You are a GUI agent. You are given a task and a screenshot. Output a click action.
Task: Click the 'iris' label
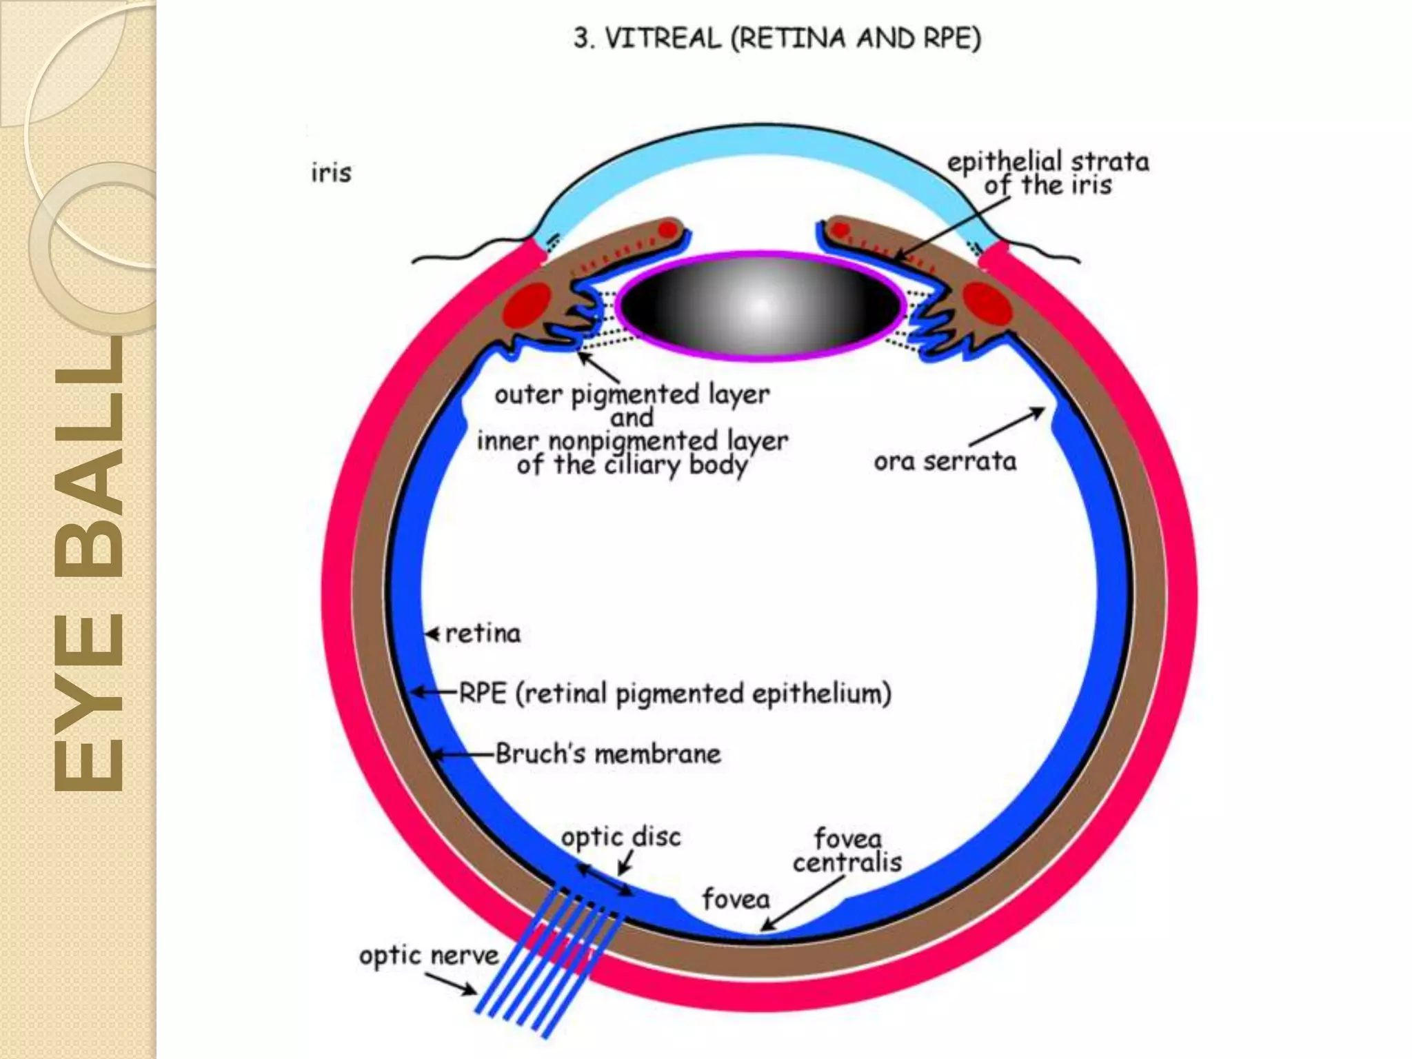(x=331, y=172)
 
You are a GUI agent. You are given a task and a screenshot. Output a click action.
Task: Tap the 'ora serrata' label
(x=945, y=461)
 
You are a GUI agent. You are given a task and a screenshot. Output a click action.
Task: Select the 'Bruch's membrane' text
(x=608, y=754)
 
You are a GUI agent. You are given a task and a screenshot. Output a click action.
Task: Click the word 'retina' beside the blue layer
(x=483, y=634)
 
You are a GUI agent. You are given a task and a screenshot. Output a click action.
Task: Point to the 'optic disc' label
(x=621, y=837)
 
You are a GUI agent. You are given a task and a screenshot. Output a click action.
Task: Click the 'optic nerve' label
(x=428, y=956)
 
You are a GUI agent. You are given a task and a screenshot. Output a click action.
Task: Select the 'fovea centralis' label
(x=847, y=851)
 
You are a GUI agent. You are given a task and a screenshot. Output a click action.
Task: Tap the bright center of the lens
(x=759, y=305)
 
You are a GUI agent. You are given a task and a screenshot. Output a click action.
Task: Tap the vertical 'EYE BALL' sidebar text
(x=88, y=565)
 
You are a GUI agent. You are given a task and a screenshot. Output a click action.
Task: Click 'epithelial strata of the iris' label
(x=1047, y=173)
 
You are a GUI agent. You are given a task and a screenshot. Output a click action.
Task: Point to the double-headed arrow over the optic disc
(x=604, y=881)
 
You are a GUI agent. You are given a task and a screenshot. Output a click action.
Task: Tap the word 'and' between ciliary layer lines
(x=632, y=418)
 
